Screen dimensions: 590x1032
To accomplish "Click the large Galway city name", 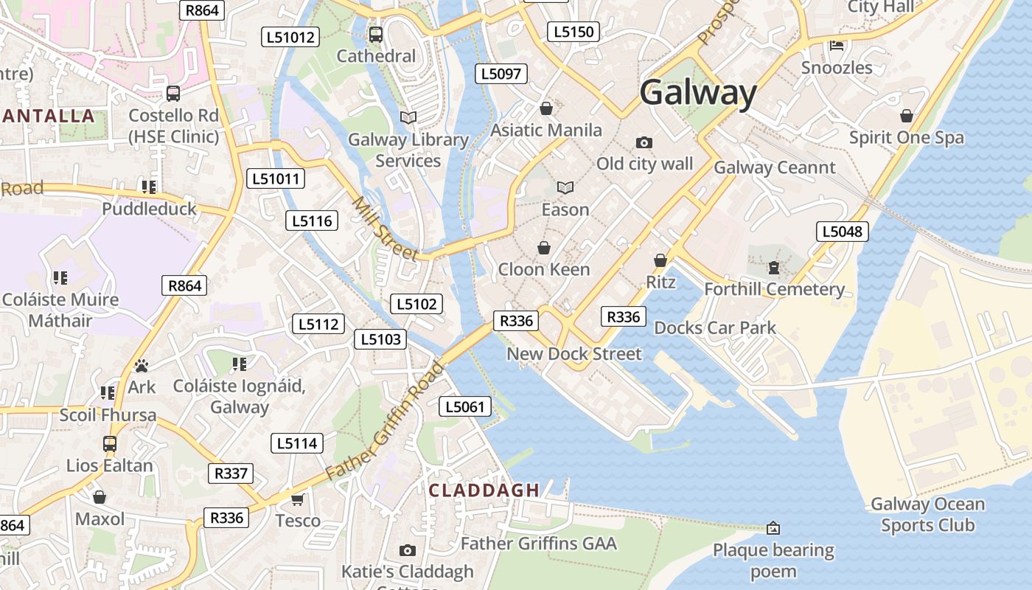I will coord(697,94).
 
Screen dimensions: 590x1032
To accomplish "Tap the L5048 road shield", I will coord(843,232).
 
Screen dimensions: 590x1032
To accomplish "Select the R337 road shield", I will coord(231,473).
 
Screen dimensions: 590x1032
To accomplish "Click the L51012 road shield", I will coord(290,37).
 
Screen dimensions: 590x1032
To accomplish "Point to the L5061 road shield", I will coord(465,406).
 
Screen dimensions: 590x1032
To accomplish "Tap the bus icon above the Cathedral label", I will coord(376,34).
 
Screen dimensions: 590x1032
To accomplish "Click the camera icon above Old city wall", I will coord(644,142).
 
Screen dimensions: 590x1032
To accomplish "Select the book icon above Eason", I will coord(565,188).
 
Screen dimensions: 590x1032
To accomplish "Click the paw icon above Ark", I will coord(142,366).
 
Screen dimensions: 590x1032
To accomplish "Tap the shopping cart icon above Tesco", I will coord(298,499).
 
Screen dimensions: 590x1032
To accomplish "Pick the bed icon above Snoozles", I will coord(837,46).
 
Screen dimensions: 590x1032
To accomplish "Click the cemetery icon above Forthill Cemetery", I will coord(773,267).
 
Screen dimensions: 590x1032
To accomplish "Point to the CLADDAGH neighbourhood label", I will coord(484,490).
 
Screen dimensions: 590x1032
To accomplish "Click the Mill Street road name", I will coord(385,229).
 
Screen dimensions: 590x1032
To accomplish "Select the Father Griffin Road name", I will coord(385,420).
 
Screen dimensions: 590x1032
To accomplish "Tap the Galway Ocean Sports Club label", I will coord(927,515).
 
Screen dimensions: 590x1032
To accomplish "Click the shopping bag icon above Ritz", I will coord(660,260).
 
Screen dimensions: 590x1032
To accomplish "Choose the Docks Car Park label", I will coord(715,327).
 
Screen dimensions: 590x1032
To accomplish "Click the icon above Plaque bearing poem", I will coord(773,528).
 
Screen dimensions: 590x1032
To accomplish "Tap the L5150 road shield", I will coord(573,32).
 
